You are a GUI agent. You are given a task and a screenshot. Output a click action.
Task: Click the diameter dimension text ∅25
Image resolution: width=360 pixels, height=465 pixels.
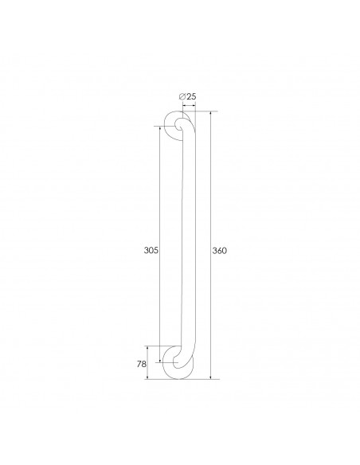click(188, 96)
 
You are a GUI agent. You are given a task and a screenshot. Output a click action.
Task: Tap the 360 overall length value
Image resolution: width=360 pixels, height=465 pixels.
click(220, 250)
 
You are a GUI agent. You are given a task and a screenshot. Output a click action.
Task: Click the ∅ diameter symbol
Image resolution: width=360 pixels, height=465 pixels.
click(182, 96)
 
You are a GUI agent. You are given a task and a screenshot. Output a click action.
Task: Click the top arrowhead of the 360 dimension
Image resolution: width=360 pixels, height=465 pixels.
click(210, 115)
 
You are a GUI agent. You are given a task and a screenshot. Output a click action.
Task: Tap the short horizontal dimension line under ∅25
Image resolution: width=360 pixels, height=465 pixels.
click(188, 104)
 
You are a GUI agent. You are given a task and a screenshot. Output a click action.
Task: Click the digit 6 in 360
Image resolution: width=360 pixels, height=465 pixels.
click(220, 250)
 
